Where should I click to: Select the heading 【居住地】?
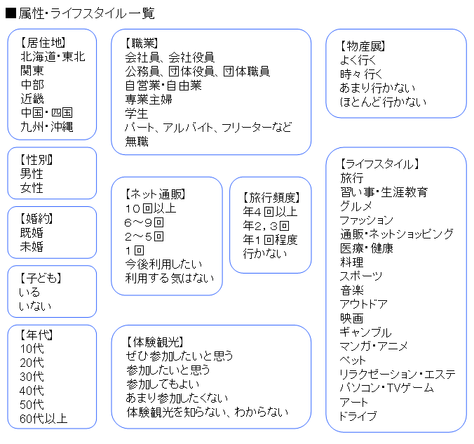click(x=43, y=43)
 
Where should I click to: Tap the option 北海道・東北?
click(x=53, y=57)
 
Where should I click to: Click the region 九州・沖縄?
click(x=47, y=127)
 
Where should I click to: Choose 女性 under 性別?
click(x=32, y=188)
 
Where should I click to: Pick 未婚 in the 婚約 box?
click(x=32, y=247)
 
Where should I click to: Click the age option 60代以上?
click(x=43, y=419)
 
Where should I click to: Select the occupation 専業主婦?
click(x=149, y=99)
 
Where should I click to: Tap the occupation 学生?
click(x=137, y=114)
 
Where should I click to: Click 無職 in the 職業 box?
click(x=137, y=141)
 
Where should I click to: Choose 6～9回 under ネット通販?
click(x=144, y=222)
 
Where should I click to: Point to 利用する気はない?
click(x=170, y=278)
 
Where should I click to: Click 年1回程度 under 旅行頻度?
click(x=270, y=240)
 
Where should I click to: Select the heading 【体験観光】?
click(x=155, y=342)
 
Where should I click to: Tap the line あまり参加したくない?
click(x=177, y=398)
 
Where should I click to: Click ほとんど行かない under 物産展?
click(x=383, y=102)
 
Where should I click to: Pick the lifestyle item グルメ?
click(x=355, y=206)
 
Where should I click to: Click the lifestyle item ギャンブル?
click(x=365, y=332)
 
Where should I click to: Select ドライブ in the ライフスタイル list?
click(x=358, y=416)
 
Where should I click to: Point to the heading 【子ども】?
click(x=41, y=278)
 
